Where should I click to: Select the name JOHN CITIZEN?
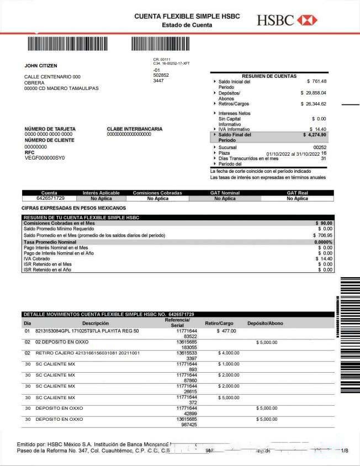coord(41,66)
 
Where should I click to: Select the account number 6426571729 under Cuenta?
coord(50,198)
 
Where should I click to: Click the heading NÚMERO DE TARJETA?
coord(50,129)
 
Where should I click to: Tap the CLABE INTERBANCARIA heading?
coord(135,129)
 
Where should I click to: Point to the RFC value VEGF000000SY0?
coord(45,158)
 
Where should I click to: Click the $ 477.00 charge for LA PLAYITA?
coord(226,331)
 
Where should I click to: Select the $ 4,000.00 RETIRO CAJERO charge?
coord(229,353)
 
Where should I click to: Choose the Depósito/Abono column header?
coord(265,323)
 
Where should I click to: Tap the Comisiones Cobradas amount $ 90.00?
coord(324,223)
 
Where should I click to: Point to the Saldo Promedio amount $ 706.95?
coord(322,235)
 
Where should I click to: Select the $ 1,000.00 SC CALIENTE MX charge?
coord(229,364)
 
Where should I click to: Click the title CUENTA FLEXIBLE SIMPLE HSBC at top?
coord(187,17)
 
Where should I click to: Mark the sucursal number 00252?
coord(320,147)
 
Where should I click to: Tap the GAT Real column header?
coord(298,193)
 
